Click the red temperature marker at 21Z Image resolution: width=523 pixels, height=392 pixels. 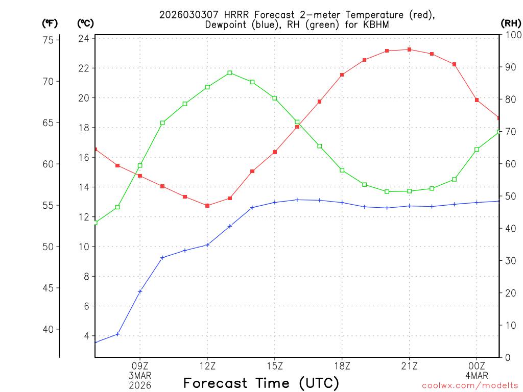pyautogui.click(x=409, y=50)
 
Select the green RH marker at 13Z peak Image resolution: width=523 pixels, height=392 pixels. pyautogui.click(x=230, y=73)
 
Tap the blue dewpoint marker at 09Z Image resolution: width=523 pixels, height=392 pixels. pyautogui.click(x=140, y=291)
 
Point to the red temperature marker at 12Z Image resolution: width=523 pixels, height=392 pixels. pyautogui.click(x=207, y=206)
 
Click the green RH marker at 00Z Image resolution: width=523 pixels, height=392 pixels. pyautogui.click(x=477, y=150)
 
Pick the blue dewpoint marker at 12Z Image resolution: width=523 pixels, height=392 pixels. pyautogui.click(x=207, y=245)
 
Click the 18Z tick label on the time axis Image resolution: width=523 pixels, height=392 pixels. pyautogui.click(x=342, y=365)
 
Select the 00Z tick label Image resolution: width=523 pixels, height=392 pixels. pyautogui.click(x=477, y=365)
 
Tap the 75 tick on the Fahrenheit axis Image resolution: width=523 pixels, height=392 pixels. pyautogui.click(x=52, y=40)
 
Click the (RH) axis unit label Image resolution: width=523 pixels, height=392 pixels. pyautogui.click(x=510, y=23)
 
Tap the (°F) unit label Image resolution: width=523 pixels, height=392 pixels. pyautogui.click(x=50, y=23)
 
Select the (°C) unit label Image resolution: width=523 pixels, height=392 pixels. pyautogui.click(x=85, y=23)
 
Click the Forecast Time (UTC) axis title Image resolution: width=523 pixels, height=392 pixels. pyautogui.click(x=261, y=383)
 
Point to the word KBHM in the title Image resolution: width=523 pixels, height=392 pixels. pyautogui.click(x=379, y=24)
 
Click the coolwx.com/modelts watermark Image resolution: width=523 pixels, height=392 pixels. pyautogui.click(x=470, y=385)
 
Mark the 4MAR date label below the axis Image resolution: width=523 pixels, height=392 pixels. pyautogui.click(x=477, y=375)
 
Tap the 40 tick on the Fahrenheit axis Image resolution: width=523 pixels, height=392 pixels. pyautogui.click(x=52, y=329)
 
